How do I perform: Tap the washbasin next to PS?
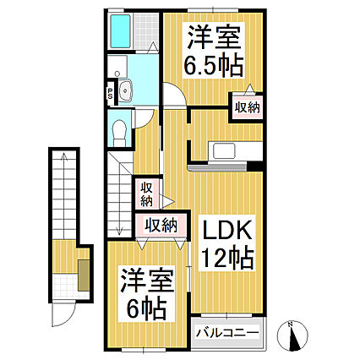click(127, 93)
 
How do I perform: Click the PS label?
click(111, 94)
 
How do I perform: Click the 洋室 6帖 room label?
click(141, 290)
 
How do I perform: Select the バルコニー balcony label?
click(227, 332)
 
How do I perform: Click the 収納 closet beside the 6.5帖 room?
click(247, 107)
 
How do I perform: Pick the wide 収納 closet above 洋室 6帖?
click(161, 225)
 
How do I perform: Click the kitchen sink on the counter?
click(226, 150)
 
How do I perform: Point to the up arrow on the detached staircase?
click(64, 161)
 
